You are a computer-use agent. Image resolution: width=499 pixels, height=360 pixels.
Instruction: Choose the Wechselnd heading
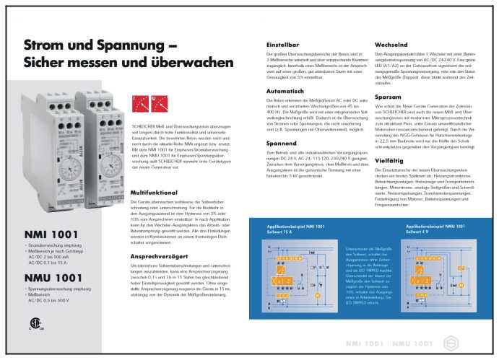click(392, 45)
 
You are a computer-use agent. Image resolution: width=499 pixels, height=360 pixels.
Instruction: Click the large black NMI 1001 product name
click(51, 234)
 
